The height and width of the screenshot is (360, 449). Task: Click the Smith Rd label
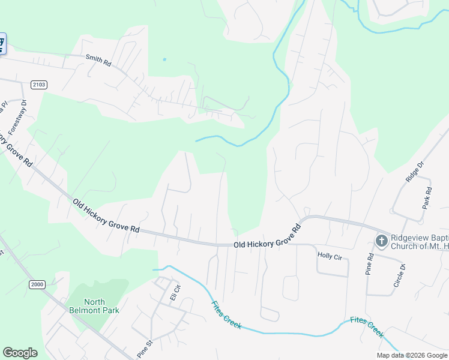(x=98, y=61)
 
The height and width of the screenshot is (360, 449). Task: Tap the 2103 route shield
(x=37, y=85)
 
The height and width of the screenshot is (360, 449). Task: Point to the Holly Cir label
(x=329, y=256)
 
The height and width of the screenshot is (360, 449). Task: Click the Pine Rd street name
(x=370, y=264)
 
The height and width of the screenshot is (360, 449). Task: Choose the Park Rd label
(x=427, y=198)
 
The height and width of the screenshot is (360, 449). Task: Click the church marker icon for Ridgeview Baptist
(x=381, y=241)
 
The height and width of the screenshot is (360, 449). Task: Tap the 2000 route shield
(x=37, y=284)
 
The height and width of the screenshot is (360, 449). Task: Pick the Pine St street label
(x=145, y=349)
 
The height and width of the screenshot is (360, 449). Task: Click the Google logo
(x=20, y=353)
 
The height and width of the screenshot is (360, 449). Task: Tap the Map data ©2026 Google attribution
(x=411, y=355)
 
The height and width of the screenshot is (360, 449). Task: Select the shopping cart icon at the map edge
(x=2, y=44)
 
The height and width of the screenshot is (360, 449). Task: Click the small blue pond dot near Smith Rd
(x=164, y=59)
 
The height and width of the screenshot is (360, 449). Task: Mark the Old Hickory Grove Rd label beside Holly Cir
(x=266, y=237)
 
